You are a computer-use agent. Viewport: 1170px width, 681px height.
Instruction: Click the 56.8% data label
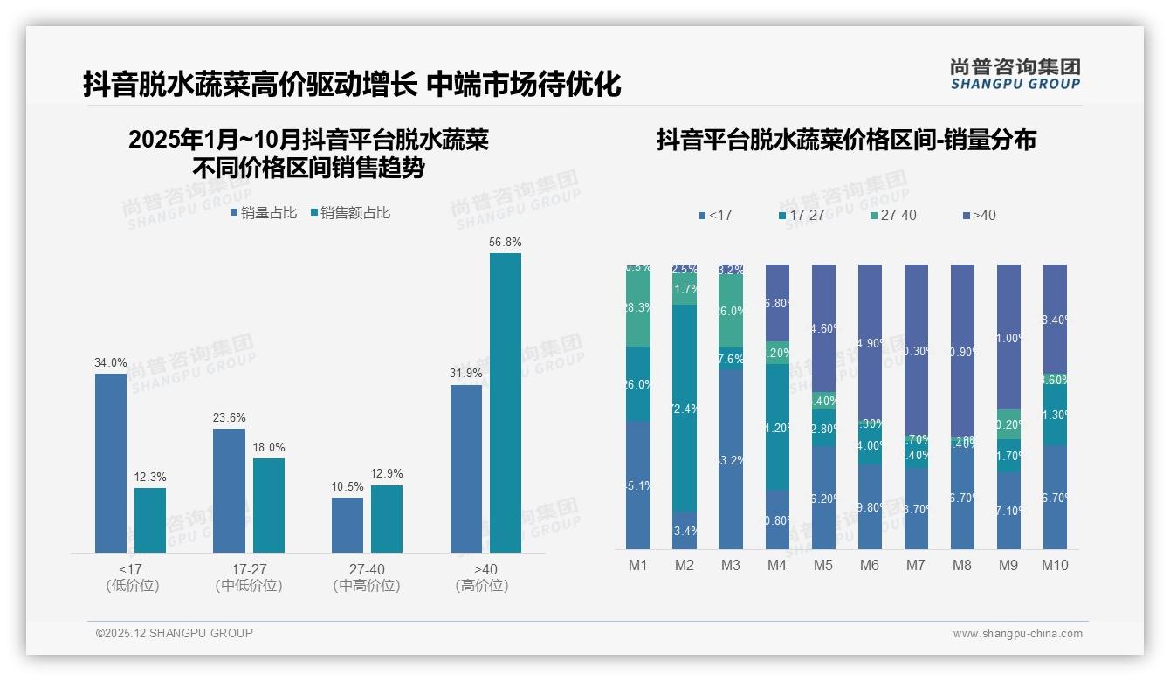(x=506, y=242)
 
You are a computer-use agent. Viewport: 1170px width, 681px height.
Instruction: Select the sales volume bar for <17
(x=111, y=463)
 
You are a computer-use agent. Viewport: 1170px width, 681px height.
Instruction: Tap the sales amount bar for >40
(x=506, y=402)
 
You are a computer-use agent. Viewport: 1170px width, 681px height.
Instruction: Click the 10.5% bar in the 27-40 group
(x=348, y=525)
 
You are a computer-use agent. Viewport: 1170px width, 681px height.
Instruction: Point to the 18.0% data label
(x=269, y=447)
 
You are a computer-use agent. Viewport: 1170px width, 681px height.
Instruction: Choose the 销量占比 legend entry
(x=264, y=213)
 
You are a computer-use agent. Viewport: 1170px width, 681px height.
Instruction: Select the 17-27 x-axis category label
(x=249, y=569)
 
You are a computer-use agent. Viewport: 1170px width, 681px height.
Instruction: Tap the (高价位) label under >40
(x=482, y=586)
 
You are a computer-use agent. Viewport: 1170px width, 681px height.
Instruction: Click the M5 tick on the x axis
(x=823, y=565)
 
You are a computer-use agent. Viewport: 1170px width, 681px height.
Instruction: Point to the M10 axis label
(x=1055, y=565)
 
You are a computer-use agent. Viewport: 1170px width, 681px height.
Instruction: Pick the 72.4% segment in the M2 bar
(x=685, y=408)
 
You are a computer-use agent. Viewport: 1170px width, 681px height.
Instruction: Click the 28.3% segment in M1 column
(x=638, y=307)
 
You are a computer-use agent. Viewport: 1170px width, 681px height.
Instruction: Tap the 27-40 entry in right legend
(x=893, y=215)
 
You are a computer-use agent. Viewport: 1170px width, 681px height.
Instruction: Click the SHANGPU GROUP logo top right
(x=1015, y=74)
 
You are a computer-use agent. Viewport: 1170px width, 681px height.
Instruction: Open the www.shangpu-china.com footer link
(x=1017, y=634)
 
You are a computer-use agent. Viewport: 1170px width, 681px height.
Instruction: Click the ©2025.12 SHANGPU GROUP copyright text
(x=175, y=633)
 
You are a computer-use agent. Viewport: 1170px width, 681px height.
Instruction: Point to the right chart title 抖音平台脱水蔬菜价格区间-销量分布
(x=846, y=140)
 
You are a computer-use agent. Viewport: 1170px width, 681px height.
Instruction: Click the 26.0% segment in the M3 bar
(x=731, y=311)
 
